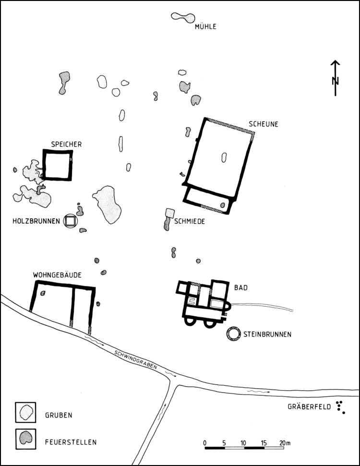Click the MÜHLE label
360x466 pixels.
205,26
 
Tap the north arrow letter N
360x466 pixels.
336,80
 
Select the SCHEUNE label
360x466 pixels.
263,124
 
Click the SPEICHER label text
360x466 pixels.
67,144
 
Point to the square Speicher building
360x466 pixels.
57,165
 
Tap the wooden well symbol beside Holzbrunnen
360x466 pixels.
71,221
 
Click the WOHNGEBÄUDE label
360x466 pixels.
57,275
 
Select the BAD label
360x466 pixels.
240,287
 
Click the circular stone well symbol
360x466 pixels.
234,335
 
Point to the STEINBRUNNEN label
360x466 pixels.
267,335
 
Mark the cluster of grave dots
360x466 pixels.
341,407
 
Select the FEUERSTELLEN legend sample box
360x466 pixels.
25,438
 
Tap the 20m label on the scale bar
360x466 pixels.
285,442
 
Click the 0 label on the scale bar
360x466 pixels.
205,442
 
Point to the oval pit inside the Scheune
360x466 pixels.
224,157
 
